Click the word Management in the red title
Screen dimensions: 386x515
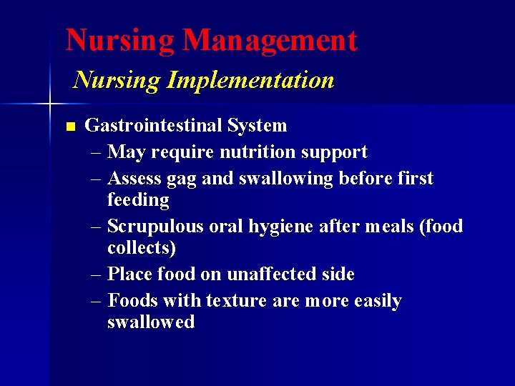tap(270, 41)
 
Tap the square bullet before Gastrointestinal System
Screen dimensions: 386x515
tap(69, 127)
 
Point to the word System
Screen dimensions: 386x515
tap(257, 126)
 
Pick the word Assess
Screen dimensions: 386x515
tap(133, 178)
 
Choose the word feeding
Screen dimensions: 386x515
tap(138, 200)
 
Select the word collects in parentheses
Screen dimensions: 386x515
tap(142, 248)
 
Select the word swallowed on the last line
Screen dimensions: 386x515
tap(151, 322)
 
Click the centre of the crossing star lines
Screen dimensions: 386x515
tap(49, 104)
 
